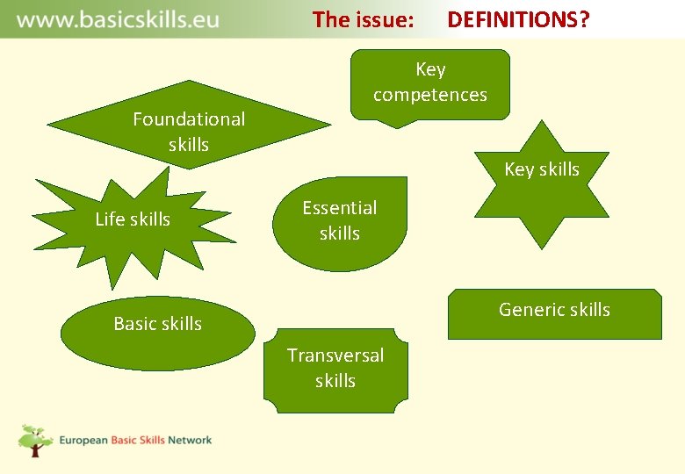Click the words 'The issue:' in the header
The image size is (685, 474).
(364, 19)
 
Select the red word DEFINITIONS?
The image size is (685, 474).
(518, 19)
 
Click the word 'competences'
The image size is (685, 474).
(429, 95)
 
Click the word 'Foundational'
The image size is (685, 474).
(189, 118)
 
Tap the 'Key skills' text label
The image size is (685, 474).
(542, 169)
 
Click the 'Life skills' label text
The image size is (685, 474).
(133, 219)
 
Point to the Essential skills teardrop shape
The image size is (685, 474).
(340, 221)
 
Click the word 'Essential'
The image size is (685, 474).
(340, 208)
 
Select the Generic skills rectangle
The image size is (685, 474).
(554, 314)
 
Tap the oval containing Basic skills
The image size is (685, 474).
(158, 334)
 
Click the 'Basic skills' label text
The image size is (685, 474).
(158, 324)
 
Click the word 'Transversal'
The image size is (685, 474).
(335, 355)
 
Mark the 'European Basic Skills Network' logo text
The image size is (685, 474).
(135, 440)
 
